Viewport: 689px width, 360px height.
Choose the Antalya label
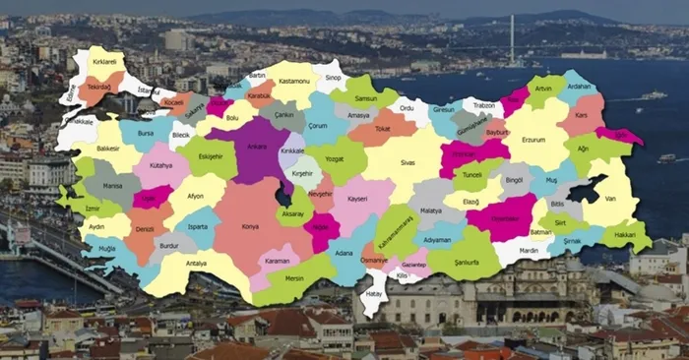pyautogui.click(x=197, y=263)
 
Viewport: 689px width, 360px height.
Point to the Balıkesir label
pyautogui.click(x=110, y=150)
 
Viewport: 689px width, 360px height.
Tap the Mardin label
pyautogui.click(x=529, y=250)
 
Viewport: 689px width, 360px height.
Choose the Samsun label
pyautogui.click(x=368, y=99)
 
